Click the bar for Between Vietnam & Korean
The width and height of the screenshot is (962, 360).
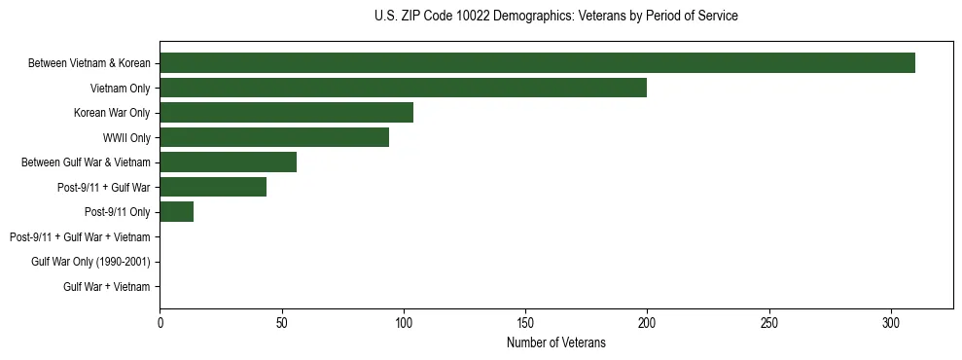(x=537, y=63)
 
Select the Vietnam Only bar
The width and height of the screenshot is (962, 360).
(x=403, y=88)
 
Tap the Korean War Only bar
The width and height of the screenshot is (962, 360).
(x=286, y=113)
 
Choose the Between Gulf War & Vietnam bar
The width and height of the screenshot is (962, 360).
(x=228, y=162)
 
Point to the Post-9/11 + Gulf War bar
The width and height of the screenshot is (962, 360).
(x=213, y=187)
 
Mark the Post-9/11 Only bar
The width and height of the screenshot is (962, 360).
(x=176, y=212)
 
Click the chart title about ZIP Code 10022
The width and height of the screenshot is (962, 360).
(x=555, y=17)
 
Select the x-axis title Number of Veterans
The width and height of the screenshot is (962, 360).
(x=555, y=342)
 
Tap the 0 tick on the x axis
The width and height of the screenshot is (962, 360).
(x=160, y=322)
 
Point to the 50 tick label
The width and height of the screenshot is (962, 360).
(x=281, y=322)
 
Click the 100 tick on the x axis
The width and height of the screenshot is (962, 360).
(x=404, y=322)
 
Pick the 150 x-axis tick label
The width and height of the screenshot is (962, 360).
(x=525, y=322)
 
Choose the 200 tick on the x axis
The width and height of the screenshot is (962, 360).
(x=647, y=322)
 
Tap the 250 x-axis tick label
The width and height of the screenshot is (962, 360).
(x=769, y=322)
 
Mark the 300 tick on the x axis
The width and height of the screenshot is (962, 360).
(x=891, y=322)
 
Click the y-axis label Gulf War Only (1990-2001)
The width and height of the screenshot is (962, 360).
(x=90, y=262)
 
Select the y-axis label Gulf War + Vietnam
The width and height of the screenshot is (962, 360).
(x=107, y=286)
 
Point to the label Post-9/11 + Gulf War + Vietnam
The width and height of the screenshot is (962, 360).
(x=80, y=236)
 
